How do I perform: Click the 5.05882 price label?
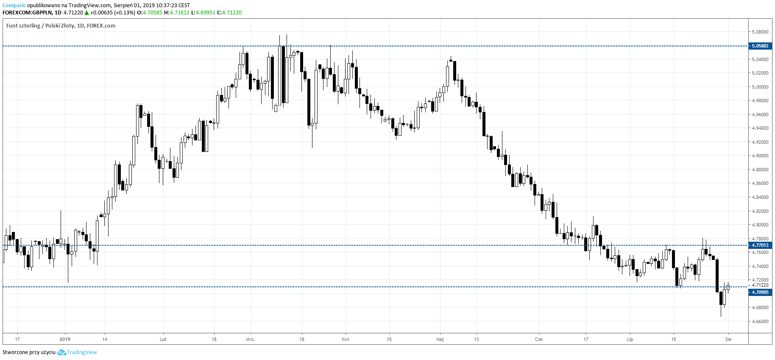click(760, 46)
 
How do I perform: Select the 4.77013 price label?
click(760, 245)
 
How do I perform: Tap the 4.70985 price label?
click(760, 292)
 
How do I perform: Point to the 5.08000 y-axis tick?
click(760, 32)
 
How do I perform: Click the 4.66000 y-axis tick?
click(760, 321)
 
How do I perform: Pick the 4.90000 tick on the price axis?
click(760, 156)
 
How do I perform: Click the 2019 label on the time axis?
click(65, 339)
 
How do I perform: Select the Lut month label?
click(163, 339)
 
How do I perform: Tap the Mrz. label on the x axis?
click(250, 339)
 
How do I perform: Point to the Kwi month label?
click(346, 339)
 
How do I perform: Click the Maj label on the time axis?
click(440, 339)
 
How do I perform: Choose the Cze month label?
click(538, 339)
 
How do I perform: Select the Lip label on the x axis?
click(630, 339)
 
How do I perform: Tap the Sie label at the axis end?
click(728, 339)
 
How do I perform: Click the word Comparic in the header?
click(14, 6)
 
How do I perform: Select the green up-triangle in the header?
click(86, 13)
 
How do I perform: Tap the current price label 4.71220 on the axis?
click(760, 285)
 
